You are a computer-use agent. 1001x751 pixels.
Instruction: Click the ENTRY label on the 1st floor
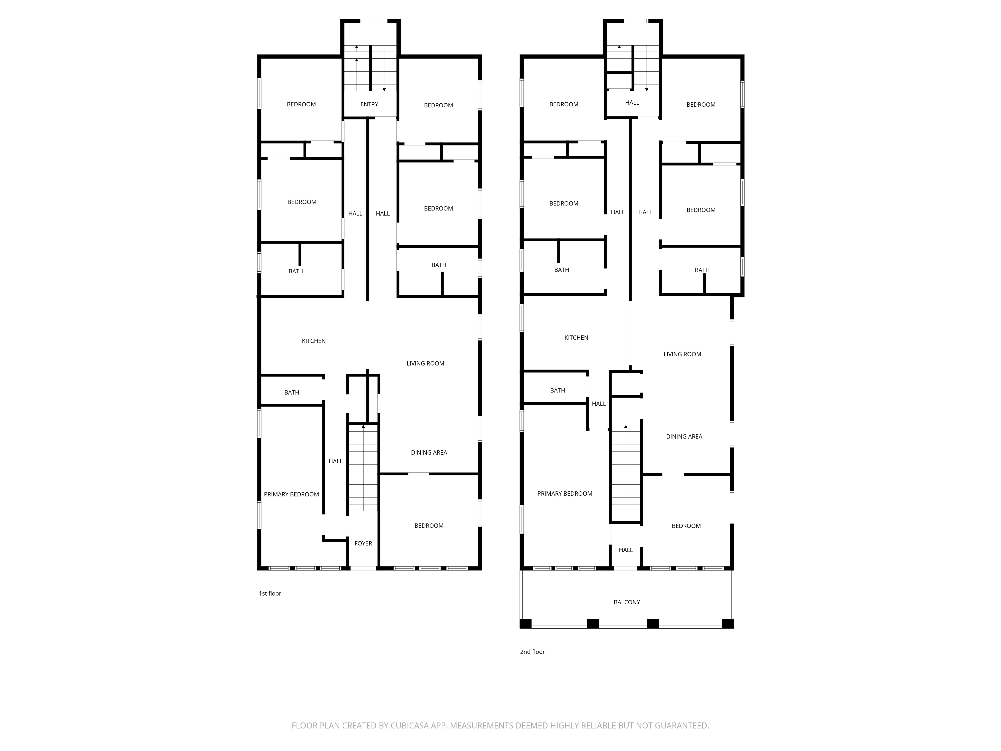pos(369,104)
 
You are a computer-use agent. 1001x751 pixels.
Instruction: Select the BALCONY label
pos(627,602)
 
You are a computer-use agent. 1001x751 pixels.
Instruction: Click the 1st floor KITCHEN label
pos(314,341)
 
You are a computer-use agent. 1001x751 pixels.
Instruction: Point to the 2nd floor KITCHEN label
pos(576,338)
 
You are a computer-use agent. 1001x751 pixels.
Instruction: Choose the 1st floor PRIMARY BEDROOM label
pos(292,494)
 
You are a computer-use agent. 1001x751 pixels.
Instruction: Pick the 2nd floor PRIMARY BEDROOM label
pos(565,493)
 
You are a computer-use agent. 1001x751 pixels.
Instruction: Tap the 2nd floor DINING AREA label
pos(684,436)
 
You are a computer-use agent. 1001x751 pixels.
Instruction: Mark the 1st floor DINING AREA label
pos(429,452)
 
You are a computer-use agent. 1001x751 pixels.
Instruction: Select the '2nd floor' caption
pos(532,652)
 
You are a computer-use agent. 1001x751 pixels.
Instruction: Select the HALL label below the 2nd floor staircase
pos(626,550)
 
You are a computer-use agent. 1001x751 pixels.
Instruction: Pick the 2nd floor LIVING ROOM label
pos(682,354)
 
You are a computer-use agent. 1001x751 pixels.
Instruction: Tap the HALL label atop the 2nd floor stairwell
pos(632,103)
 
